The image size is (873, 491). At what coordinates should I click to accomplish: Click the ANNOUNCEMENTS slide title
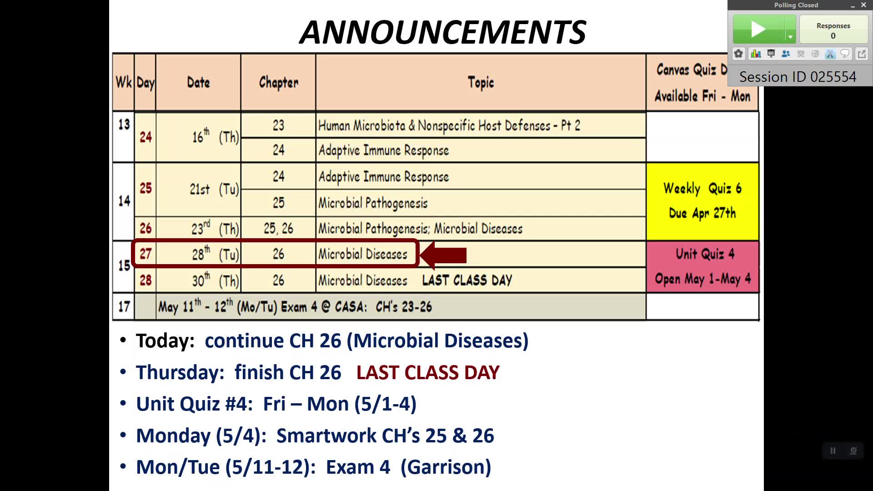coord(443,32)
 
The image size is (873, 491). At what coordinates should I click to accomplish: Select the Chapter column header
coord(278,82)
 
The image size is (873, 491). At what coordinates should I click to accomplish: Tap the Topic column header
coord(481,82)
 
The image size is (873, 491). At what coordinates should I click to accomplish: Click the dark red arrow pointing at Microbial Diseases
coord(443,255)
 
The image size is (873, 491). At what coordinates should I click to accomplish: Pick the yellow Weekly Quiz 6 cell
coord(702,201)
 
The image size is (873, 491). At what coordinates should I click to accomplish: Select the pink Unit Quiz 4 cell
coord(702,266)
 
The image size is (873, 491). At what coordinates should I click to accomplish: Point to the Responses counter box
coord(833,30)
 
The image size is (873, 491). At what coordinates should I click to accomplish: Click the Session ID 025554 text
coord(798,77)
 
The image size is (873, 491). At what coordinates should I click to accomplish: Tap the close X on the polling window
coord(863,5)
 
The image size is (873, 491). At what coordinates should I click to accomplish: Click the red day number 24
coord(145,137)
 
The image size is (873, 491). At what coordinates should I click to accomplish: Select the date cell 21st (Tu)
coord(214,189)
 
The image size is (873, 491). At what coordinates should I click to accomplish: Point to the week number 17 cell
coord(124,307)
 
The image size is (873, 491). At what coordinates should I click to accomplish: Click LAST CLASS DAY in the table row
coord(467,280)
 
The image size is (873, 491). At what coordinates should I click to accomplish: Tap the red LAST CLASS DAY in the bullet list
coord(428,373)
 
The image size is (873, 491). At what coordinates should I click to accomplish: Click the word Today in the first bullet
coord(165,341)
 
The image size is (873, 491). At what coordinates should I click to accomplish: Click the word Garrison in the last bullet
coord(446,467)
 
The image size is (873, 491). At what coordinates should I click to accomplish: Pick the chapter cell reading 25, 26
coord(278,229)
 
